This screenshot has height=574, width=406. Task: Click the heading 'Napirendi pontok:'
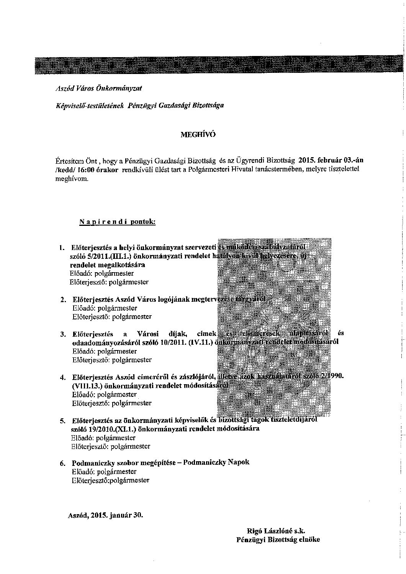pos(117,222)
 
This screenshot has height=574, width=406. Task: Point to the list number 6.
pos(63,463)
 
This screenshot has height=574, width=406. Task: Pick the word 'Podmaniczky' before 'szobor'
pos(91,462)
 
